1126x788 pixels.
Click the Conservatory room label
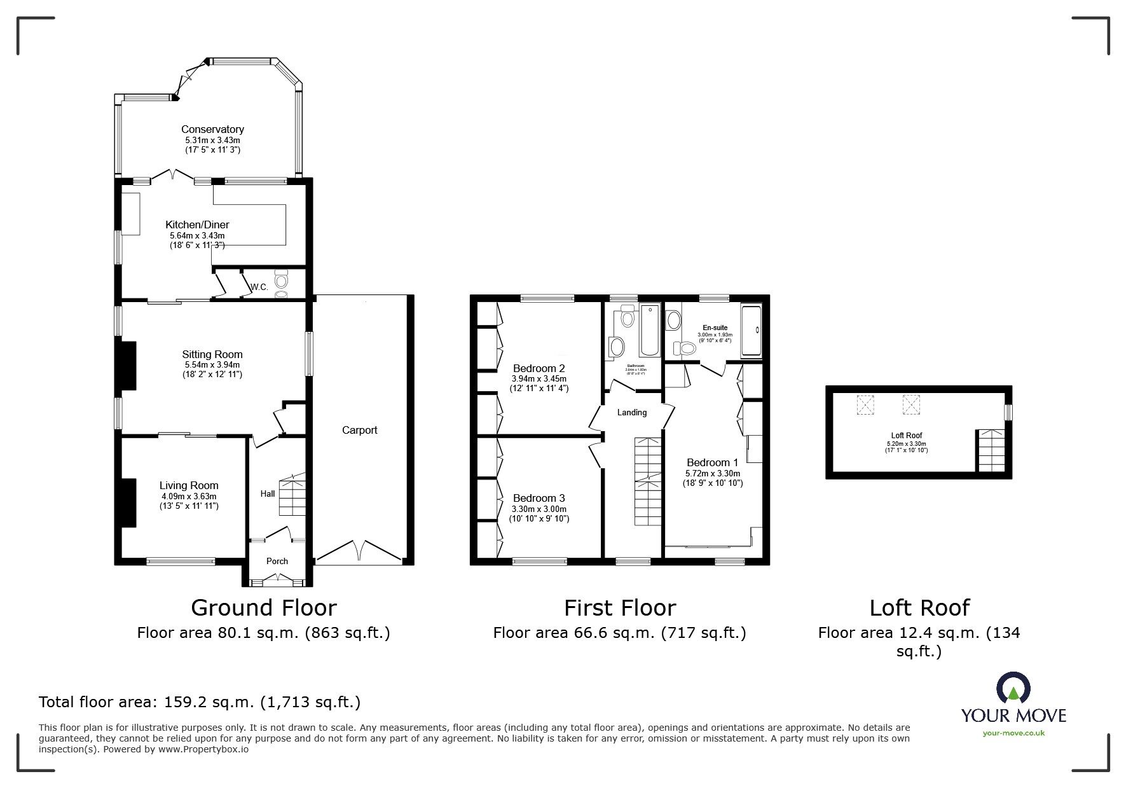coord(212,129)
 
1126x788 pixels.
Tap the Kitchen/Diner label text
coord(197,225)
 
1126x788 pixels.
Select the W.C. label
coord(259,287)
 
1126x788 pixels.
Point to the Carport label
coord(359,430)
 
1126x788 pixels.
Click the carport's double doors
coord(359,551)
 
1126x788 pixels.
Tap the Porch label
coord(277,561)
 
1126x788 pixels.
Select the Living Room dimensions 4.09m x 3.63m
coord(188,496)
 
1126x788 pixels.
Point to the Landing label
coord(631,412)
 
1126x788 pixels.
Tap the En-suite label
coord(715,328)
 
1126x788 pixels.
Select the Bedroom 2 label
coord(539,368)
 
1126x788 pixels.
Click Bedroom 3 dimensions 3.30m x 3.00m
coord(539,509)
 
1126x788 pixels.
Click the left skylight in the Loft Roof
coord(865,404)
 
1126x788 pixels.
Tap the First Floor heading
coord(619,608)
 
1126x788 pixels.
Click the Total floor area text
coord(200,702)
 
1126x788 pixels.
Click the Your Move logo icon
coord(1013,689)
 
